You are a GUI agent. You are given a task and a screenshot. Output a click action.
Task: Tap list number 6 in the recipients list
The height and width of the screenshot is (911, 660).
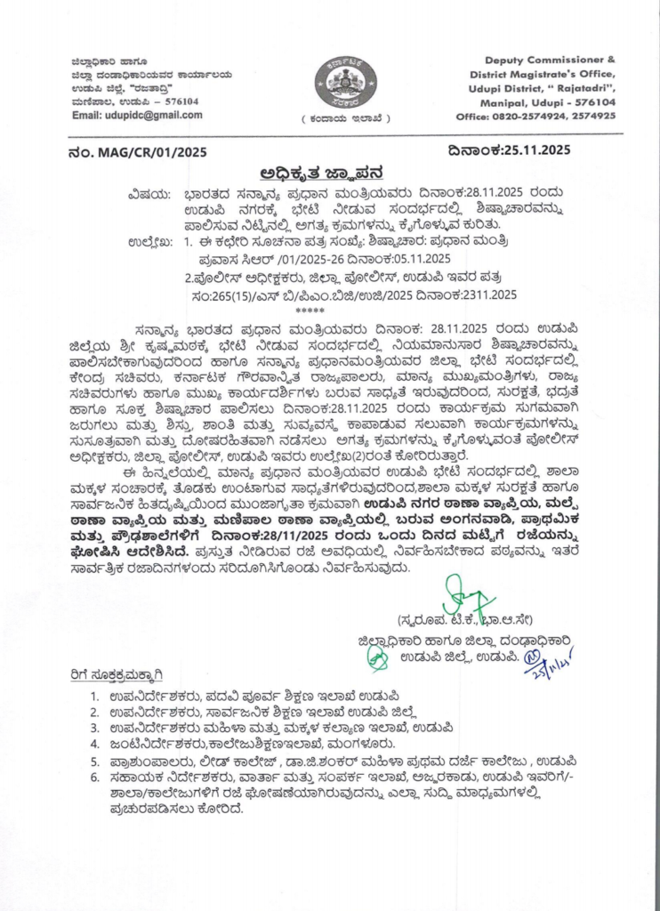[94, 777]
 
